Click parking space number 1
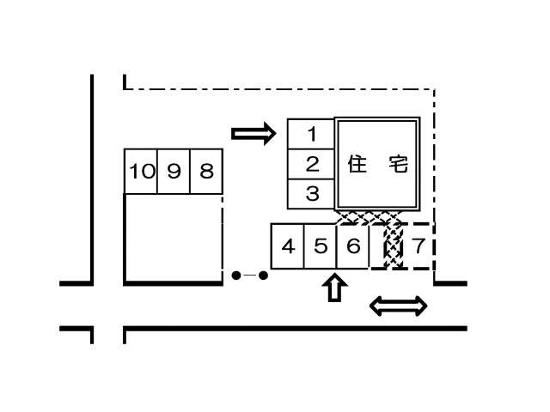[312, 134]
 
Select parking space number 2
[312, 164]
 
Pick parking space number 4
[288, 247]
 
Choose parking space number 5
[320, 247]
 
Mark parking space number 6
[352, 247]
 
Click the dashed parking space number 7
[419, 247]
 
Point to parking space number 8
[206, 172]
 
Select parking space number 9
[174, 172]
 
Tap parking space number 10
[141, 172]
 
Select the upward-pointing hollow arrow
[335, 288]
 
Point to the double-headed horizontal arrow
[398, 306]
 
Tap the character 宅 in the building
[397, 164]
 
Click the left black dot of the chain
[235, 276]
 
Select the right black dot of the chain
[263, 276]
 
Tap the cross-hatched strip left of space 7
[394, 247]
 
